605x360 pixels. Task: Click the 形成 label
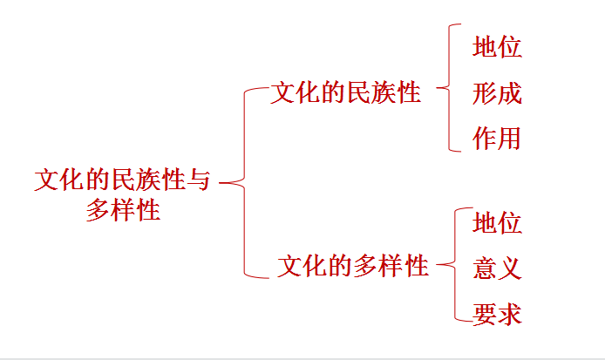(x=498, y=93)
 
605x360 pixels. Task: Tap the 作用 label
(x=498, y=139)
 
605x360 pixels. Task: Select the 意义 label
(x=498, y=268)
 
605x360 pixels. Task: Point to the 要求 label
(x=498, y=313)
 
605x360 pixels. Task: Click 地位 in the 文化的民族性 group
(x=498, y=47)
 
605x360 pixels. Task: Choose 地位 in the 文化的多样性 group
(x=498, y=223)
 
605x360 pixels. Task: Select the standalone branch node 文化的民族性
(x=346, y=92)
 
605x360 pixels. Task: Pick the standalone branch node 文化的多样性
(x=353, y=265)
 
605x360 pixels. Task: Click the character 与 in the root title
(x=200, y=180)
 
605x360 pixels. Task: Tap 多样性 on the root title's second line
(x=123, y=210)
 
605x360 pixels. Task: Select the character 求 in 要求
(x=510, y=313)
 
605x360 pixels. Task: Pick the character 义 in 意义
(x=510, y=268)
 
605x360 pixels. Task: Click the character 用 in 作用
(x=510, y=139)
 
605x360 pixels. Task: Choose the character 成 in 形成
(x=510, y=93)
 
